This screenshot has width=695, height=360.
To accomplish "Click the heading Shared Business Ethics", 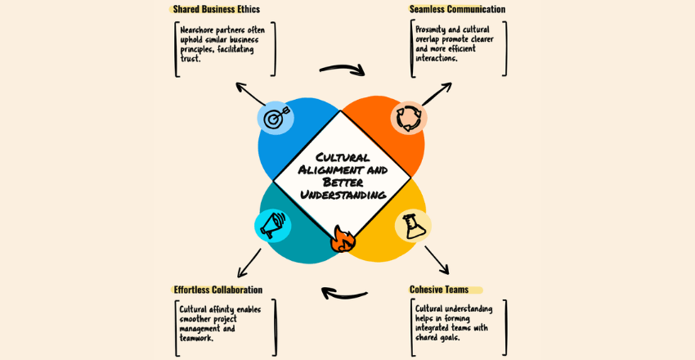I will (x=216, y=10).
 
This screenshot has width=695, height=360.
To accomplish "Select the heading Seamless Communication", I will (x=457, y=10).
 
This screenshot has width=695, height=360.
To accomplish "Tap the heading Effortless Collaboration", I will (x=217, y=290).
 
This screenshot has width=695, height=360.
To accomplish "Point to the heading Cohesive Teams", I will (x=438, y=290).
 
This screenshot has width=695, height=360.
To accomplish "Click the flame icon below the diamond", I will (x=342, y=239).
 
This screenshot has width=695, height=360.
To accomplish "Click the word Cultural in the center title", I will (x=341, y=156).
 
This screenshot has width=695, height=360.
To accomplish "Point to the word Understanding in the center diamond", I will (x=343, y=195).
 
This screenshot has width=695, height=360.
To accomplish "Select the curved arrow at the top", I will (x=342, y=70).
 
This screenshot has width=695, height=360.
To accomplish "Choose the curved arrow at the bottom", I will (x=344, y=292).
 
